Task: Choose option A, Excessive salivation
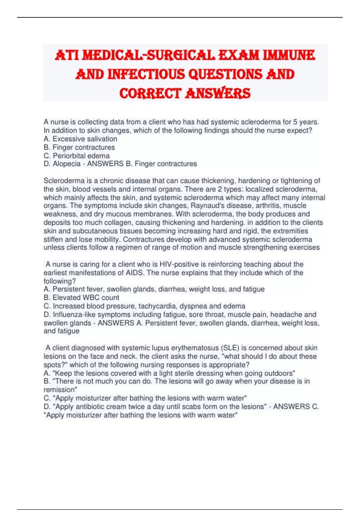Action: [x=80, y=139]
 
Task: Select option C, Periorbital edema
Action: [x=76, y=156]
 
